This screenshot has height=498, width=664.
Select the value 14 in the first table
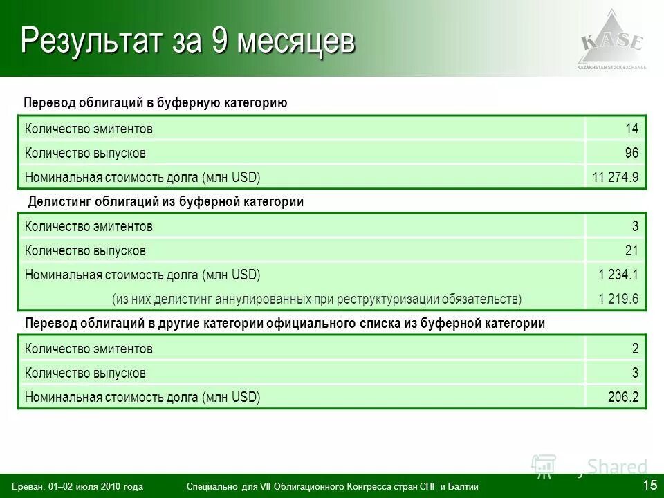(631, 129)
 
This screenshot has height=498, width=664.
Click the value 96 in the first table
(631, 153)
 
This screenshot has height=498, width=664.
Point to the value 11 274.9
(615, 177)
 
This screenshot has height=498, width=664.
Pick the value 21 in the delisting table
(631, 250)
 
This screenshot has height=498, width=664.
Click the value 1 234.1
(618, 275)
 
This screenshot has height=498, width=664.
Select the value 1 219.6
(618, 299)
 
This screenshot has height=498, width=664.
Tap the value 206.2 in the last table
(622, 397)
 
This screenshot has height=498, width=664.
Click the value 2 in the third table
(634, 349)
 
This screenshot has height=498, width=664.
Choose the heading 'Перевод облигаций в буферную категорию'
(155, 103)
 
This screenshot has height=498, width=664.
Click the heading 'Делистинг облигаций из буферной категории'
(166, 201)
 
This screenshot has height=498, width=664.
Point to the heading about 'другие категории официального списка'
(285, 323)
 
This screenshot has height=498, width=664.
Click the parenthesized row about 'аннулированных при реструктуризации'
(317, 299)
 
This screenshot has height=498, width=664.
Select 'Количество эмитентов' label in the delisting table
(89, 226)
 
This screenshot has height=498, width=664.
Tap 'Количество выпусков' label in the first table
(85, 153)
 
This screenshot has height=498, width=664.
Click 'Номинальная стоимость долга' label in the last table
(142, 397)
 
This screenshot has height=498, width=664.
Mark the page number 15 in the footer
(649, 485)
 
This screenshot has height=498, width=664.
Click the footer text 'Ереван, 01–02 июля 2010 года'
(77, 487)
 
